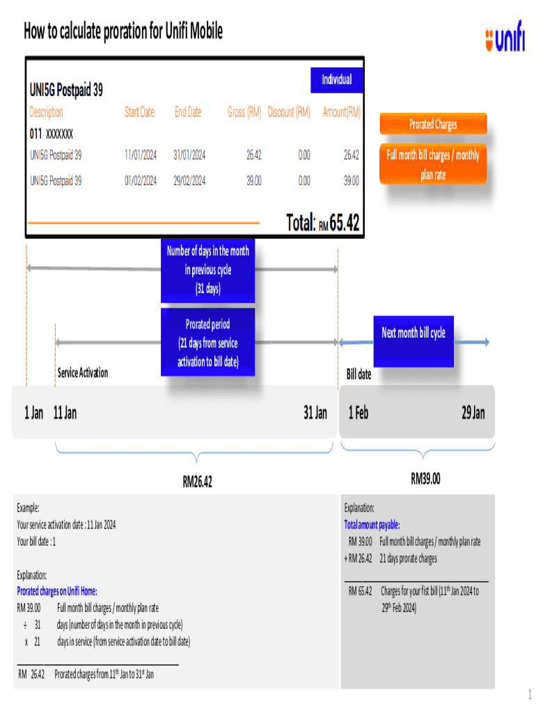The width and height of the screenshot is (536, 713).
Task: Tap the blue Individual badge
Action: [x=336, y=79]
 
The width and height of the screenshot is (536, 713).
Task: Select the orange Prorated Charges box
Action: [x=432, y=125]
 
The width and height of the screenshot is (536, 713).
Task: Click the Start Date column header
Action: [x=139, y=112]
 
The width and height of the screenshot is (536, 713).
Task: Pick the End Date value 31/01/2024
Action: [x=189, y=155]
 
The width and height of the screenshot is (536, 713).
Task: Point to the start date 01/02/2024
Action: [x=140, y=181]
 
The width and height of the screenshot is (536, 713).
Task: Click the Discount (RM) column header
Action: [x=289, y=112]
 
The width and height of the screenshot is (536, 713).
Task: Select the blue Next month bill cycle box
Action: [x=413, y=334]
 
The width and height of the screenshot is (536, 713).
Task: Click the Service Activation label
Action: [x=82, y=373]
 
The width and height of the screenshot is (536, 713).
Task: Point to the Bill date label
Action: [x=359, y=375]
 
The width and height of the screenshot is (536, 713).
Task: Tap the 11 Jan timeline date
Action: [x=65, y=414]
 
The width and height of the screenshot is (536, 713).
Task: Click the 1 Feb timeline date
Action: [x=358, y=414]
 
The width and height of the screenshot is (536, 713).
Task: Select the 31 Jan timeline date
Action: [x=315, y=414]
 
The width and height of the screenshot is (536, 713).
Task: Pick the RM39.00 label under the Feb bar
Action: [x=425, y=479]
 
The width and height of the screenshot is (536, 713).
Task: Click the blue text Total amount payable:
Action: [x=372, y=525]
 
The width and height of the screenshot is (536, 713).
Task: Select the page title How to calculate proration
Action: [x=123, y=31]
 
